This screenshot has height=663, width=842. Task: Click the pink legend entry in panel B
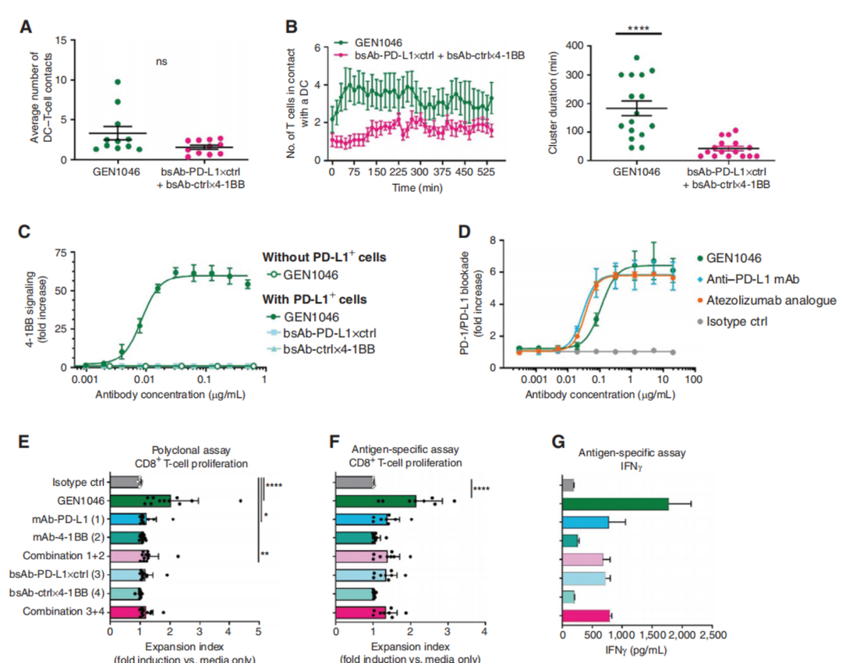click(x=420, y=55)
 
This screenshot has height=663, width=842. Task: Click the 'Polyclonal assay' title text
click(x=184, y=450)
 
